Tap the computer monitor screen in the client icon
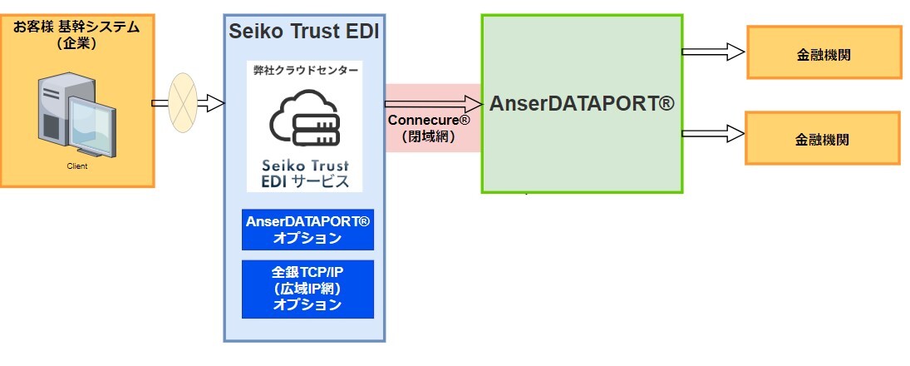click(x=90, y=123)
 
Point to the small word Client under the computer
click(x=77, y=166)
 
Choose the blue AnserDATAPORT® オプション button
click(x=307, y=230)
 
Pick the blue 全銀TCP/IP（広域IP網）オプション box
click(x=307, y=288)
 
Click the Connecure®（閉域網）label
click(x=429, y=128)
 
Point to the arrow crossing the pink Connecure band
click(x=433, y=104)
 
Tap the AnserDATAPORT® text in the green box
click(x=581, y=104)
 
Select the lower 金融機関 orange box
click(x=823, y=138)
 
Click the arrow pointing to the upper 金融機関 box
click(x=712, y=52)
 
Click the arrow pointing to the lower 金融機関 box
click(x=712, y=131)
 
